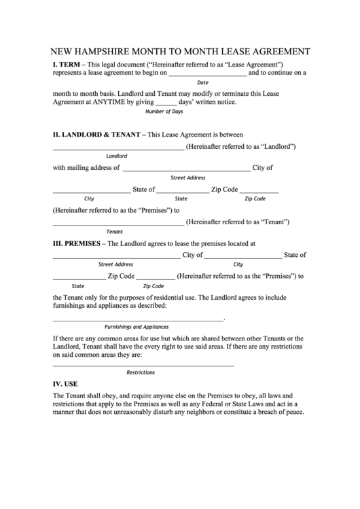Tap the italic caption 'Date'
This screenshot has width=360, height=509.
(x=202, y=83)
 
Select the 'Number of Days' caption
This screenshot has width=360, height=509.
(x=164, y=111)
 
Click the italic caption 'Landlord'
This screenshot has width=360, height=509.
(x=117, y=156)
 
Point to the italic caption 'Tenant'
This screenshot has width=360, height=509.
(x=115, y=232)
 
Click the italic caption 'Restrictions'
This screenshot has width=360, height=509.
(x=141, y=372)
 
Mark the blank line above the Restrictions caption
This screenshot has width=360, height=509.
(x=143, y=366)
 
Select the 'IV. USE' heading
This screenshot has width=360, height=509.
(x=65, y=383)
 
